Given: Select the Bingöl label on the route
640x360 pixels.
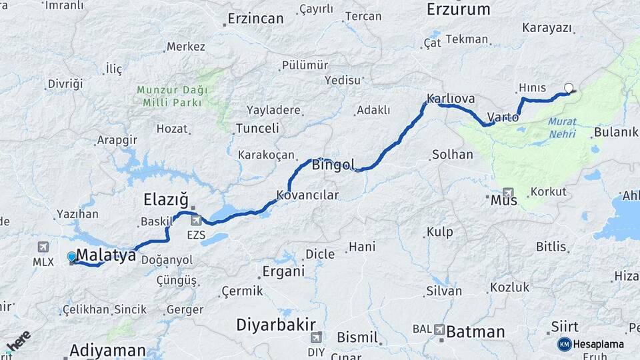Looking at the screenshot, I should point(333,164).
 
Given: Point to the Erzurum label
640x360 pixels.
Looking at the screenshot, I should point(458,9).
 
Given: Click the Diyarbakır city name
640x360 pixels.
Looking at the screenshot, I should point(275,325).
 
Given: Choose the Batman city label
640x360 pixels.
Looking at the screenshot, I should point(475,331).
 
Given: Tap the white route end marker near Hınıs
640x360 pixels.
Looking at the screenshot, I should point(569,87).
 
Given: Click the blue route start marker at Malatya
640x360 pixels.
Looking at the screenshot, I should point(72,257).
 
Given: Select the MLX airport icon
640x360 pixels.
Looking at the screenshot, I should point(43,247).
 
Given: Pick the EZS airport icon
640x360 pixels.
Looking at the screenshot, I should point(195,220).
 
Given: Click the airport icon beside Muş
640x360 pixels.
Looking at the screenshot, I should point(509,191).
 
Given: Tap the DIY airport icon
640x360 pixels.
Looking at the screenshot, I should point(315,337).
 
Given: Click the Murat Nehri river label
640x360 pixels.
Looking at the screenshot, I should point(562,128).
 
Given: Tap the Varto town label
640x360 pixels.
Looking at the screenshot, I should point(503,117).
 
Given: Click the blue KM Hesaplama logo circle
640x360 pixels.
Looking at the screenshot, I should point(564,344).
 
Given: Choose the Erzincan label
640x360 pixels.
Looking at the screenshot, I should point(255,19).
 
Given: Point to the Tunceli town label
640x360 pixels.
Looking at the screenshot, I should point(257,128).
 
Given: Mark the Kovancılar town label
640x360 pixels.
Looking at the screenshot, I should point(307,195).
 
